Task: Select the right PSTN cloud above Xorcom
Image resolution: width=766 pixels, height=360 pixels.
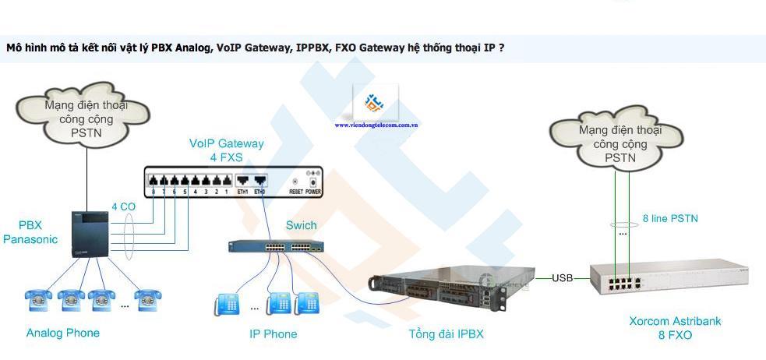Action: [x=620, y=143]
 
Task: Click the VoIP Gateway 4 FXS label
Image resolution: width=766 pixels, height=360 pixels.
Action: [x=226, y=150]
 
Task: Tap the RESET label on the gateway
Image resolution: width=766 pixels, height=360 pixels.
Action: [x=296, y=190]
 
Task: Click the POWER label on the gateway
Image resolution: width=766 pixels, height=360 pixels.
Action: [x=313, y=190]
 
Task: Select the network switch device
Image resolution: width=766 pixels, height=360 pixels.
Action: [x=275, y=246]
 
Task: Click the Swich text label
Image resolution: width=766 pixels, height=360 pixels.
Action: [x=301, y=226]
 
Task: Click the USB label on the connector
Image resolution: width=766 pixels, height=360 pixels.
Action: [x=563, y=278]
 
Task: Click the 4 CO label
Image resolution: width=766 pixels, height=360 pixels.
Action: [x=123, y=207]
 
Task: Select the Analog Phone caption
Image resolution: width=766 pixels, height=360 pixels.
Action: [x=63, y=333]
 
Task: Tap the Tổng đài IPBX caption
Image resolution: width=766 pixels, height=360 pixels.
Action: [x=446, y=334]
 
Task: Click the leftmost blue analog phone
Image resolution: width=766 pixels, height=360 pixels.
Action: [x=38, y=298]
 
